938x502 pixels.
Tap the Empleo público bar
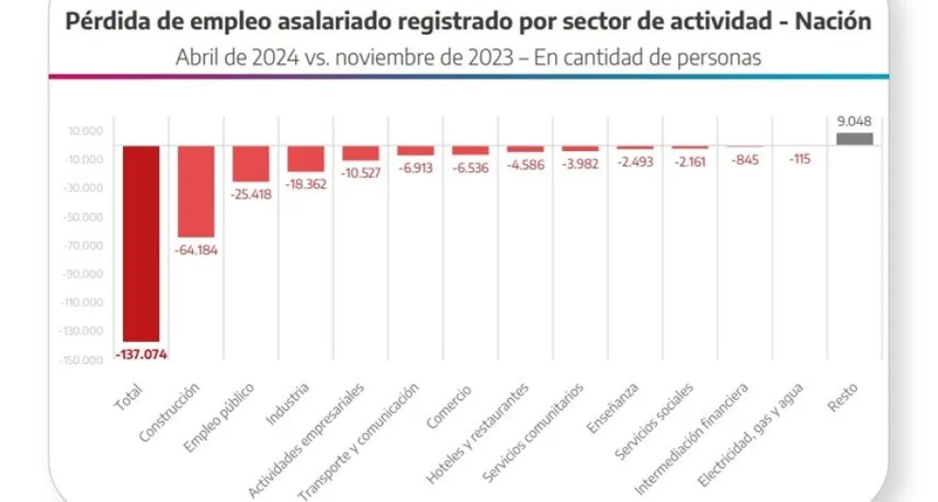[x=251, y=164]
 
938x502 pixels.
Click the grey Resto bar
[x=854, y=139]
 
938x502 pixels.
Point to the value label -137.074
[x=140, y=355]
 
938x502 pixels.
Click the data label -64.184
[x=196, y=251]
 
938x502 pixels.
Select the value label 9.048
[x=854, y=120]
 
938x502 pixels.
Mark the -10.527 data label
[x=360, y=174]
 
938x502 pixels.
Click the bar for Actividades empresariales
[x=360, y=153]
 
